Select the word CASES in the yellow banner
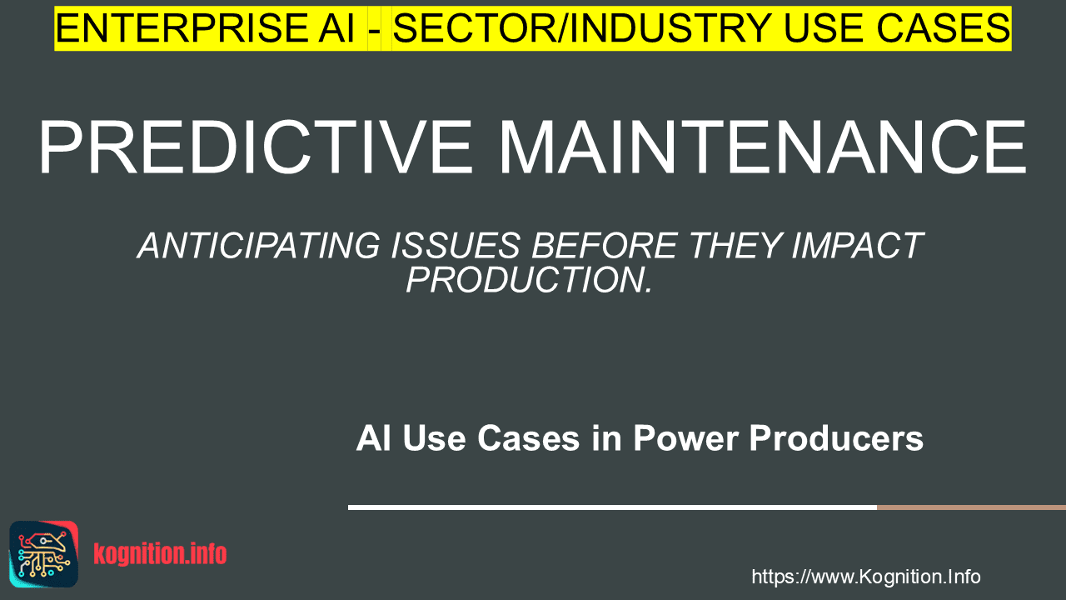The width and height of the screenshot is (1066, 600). click(x=944, y=28)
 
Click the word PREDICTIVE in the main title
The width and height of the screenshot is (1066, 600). click(x=257, y=147)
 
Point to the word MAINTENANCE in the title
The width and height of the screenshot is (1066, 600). click(x=762, y=147)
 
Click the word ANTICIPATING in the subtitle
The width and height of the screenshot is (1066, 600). click(x=259, y=246)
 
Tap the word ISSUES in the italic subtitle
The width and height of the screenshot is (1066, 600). click(x=456, y=246)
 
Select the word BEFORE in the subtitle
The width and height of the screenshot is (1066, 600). click(x=605, y=246)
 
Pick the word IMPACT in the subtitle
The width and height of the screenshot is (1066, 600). click(x=858, y=246)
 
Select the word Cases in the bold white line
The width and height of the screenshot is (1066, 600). click(x=528, y=438)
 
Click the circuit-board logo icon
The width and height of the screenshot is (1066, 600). click(x=44, y=554)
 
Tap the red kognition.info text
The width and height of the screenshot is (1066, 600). click(x=161, y=554)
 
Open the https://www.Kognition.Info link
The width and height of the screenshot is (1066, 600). click(x=866, y=577)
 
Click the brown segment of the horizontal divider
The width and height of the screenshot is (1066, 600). click(x=971, y=507)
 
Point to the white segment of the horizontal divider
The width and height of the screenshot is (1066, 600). click(x=612, y=507)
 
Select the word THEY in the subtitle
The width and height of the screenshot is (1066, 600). click(x=735, y=246)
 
